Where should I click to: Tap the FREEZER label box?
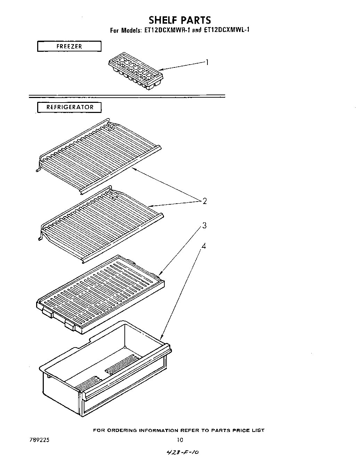point(69,46)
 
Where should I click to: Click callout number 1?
point(207,63)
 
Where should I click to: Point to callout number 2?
point(205,201)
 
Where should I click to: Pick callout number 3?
point(205,226)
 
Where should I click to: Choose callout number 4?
point(204,246)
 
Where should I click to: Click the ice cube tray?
point(136,73)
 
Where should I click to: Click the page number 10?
point(180,440)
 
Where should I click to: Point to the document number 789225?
point(40,440)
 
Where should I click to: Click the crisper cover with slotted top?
point(101,294)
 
